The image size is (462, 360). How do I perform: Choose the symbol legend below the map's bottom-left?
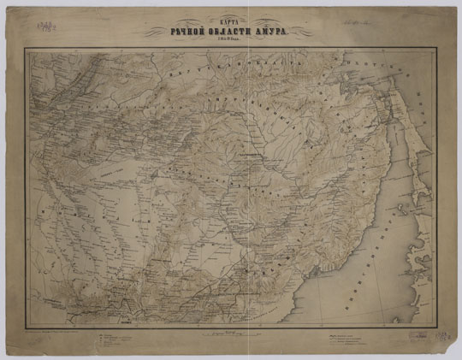(120, 339)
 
